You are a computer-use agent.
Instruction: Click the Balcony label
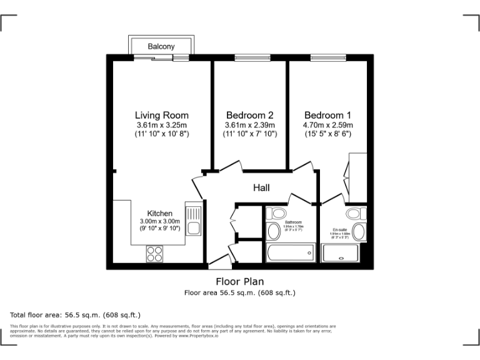click(161, 46)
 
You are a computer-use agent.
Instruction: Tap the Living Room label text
click(161, 115)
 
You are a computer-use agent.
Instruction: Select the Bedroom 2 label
click(249, 115)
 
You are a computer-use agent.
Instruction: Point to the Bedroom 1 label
click(327, 115)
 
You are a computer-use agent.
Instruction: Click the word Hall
click(261, 187)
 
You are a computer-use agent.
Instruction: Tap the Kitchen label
click(159, 214)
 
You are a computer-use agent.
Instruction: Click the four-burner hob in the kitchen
click(154, 253)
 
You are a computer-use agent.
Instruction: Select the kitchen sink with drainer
click(192, 222)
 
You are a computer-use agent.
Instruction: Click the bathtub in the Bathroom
click(290, 254)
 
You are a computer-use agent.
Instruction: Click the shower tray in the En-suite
click(341, 254)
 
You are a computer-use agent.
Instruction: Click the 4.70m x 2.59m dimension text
click(327, 125)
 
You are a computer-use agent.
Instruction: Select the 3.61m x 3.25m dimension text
click(161, 125)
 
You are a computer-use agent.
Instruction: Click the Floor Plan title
click(239, 281)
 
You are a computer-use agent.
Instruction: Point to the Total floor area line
click(76, 314)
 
